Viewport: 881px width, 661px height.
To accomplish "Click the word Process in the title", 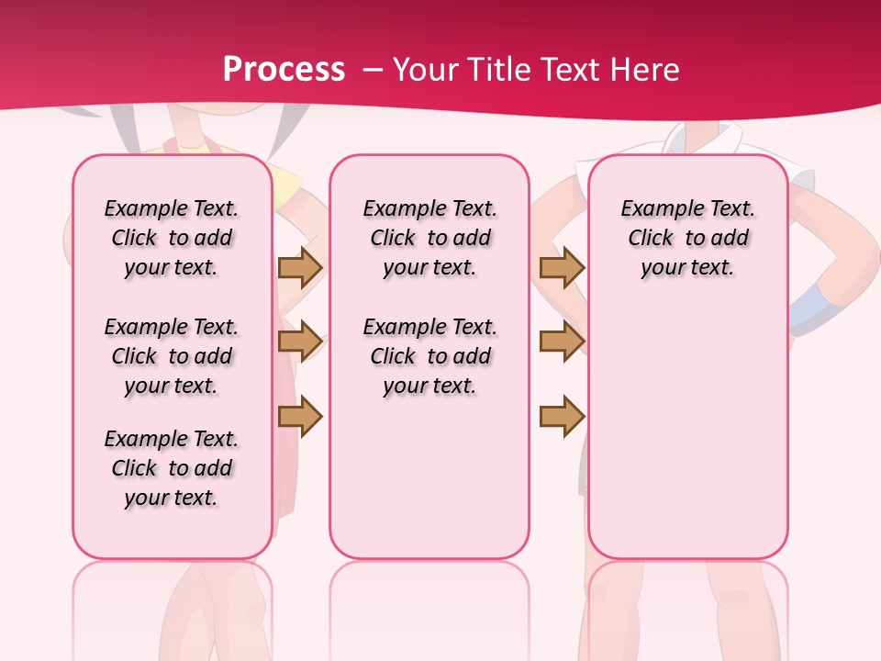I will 284,70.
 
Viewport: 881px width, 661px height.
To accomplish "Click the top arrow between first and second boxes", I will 300,267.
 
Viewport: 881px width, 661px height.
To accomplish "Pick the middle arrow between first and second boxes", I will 300,342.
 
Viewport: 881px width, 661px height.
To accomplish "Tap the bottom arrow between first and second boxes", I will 300,416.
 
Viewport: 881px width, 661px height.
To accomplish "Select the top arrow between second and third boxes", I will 562,267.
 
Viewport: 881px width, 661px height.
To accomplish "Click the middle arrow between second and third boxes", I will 562,342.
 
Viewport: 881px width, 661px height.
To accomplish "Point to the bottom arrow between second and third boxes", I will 562,416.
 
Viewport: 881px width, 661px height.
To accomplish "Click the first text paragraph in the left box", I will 172,238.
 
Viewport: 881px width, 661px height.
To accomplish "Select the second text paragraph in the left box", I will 172,356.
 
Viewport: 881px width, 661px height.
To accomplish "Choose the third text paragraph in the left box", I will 172,468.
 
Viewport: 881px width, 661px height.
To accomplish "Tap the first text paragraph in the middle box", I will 429,238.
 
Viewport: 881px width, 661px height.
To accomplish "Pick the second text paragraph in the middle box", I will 429,356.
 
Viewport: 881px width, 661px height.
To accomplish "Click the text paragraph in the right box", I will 688,238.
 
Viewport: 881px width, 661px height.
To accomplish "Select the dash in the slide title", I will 373,70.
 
